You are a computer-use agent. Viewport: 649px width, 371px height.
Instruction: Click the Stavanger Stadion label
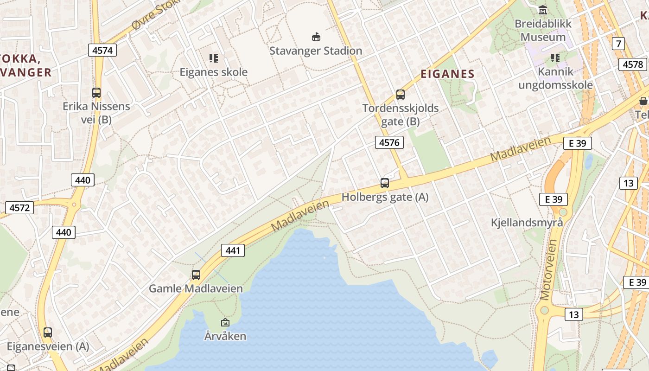316,51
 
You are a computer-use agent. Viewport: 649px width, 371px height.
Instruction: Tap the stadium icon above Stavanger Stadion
316,37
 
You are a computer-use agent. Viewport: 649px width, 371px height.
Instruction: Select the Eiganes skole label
214,72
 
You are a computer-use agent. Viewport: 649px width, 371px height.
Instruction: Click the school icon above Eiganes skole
214,58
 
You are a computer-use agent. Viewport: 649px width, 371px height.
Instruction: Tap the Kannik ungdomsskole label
555,78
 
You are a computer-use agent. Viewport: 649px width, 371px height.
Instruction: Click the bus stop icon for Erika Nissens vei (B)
96,93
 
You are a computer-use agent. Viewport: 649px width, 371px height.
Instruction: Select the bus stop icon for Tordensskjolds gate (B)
401,95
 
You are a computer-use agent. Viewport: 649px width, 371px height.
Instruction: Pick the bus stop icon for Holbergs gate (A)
385,183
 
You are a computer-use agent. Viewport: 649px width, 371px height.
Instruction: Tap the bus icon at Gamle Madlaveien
196,275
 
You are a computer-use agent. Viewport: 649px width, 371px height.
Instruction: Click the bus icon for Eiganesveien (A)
48,333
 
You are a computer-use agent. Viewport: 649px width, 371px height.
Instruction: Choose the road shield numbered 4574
102,50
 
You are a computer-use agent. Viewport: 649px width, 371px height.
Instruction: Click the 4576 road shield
389,142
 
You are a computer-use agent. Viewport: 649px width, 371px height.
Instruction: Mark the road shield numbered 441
232,250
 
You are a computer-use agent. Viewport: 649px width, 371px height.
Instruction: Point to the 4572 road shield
19,207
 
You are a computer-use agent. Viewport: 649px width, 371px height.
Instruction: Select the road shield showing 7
618,44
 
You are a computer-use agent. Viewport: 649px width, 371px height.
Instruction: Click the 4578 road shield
633,64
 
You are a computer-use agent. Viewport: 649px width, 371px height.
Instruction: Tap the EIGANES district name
447,74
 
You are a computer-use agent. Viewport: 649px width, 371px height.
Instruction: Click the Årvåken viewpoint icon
225,322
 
